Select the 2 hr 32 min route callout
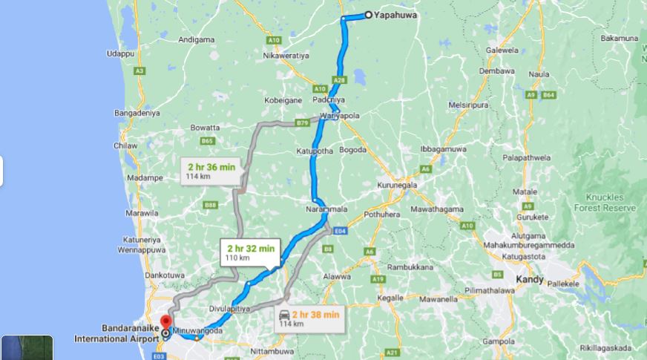point(251,252)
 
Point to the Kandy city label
point(530,280)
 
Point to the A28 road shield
point(340,79)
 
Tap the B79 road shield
point(302,122)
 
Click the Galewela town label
point(502,50)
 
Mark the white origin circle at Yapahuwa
point(368,15)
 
